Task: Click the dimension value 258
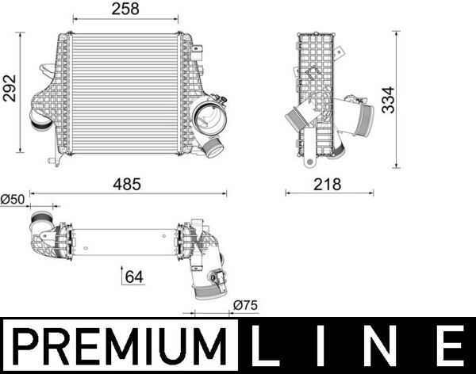[x=125, y=9]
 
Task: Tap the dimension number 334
[x=388, y=99]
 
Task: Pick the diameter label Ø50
[x=13, y=199]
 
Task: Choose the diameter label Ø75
[x=245, y=305]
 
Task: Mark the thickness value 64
[x=134, y=277]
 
